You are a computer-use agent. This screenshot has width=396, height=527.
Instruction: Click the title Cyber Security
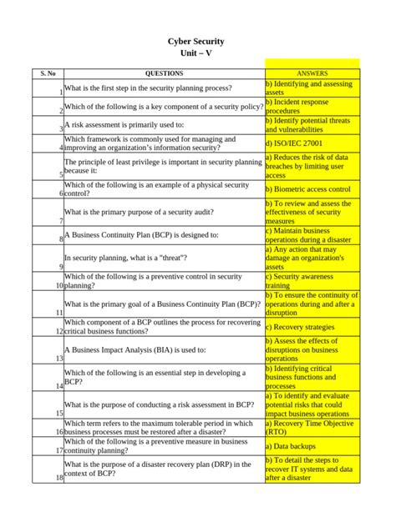195,41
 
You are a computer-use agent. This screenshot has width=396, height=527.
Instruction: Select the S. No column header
48,73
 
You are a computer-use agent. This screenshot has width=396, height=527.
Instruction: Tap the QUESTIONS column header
164,73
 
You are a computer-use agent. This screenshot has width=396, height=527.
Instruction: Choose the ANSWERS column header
312,73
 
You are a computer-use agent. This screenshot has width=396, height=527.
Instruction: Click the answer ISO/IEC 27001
294,143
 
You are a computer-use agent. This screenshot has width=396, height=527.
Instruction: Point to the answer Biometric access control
307,189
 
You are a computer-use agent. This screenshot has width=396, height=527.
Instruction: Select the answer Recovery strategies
299,327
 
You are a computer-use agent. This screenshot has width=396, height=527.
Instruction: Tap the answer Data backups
291,447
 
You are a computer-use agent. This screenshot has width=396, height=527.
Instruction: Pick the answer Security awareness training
301,281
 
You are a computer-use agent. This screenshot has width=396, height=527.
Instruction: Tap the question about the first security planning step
148,88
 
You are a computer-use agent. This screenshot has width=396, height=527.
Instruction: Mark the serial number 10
59,285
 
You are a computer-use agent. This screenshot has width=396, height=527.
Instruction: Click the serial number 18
59,478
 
